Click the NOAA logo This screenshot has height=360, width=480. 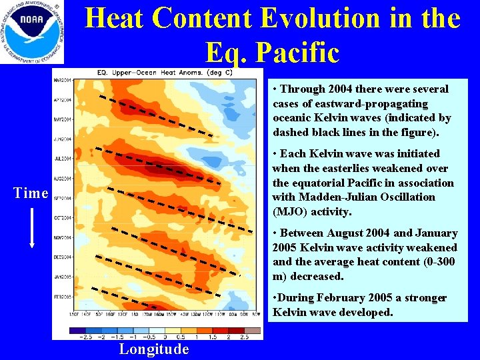point(33,32)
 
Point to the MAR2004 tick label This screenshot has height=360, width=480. point(63,80)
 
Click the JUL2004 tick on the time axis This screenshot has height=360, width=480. point(63,159)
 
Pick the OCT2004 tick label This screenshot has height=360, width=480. point(63,217)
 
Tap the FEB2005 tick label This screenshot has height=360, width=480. point(63,295)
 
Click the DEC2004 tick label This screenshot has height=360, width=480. point(63,257)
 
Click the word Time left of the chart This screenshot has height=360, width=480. point(31,193)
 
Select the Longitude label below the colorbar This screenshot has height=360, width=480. point(154,349)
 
